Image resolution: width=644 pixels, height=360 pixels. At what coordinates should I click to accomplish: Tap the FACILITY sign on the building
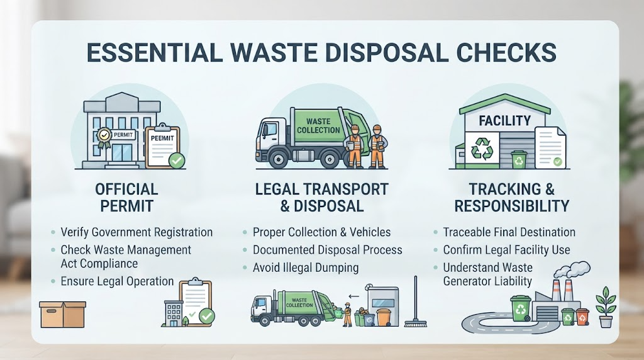(x=505, y=120)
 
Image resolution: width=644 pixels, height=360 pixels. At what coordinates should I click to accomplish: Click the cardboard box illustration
(x=62, y=315)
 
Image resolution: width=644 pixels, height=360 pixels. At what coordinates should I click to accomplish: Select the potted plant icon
(x=606, y=307)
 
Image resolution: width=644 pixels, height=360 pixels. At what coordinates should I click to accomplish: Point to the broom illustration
(x=415, y=301)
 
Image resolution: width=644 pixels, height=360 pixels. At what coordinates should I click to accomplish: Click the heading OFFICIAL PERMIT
(x=126, y=197)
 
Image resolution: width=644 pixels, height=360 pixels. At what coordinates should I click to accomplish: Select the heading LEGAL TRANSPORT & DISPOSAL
(x=321, y=197)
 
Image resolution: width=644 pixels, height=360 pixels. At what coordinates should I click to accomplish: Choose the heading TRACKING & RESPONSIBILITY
(x=512, y=197)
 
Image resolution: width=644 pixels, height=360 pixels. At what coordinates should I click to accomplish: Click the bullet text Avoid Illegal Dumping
(x=306, y=267)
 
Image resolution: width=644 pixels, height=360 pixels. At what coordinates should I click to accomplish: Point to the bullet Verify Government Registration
(x=136, y=232)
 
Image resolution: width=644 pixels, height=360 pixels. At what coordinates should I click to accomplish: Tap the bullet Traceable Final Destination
(x=509, y=232)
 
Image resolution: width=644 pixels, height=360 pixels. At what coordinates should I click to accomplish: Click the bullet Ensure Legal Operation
(x=118, y=281)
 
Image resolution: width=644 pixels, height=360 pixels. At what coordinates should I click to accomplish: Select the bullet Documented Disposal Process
(x=327, y=250)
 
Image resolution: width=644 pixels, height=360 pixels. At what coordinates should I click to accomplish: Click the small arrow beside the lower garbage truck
(x=353, y=296)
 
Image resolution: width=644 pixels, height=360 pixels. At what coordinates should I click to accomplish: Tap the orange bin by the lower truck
(x=383, y=317)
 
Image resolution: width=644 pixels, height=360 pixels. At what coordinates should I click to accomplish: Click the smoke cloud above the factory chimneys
(x=572, y=270)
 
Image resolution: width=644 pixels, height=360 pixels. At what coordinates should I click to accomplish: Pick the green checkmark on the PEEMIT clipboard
(x=177, y=160)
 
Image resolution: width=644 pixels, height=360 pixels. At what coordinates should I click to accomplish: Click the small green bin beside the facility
(x=519, y=159)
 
